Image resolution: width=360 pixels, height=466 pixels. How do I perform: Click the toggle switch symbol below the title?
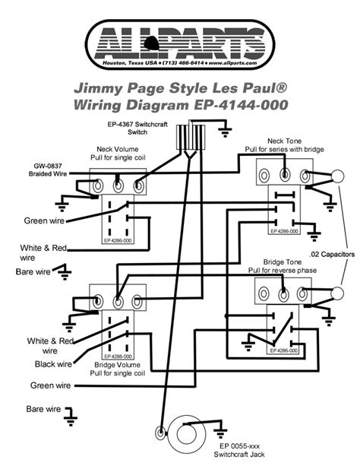click(186, 139)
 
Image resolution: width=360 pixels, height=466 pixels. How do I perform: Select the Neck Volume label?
click(117, 149)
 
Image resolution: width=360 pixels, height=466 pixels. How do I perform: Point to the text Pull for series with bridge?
click(286, 151)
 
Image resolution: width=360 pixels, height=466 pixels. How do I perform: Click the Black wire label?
click(53, 363)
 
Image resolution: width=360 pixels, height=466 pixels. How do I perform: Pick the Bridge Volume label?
click(117, 365)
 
